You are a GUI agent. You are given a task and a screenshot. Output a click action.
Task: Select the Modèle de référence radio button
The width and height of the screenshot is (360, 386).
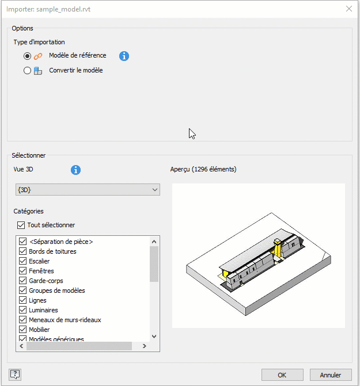(x=27, y=56)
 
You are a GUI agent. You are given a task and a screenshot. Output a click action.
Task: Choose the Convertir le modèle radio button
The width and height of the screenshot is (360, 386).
(x=27, y=71)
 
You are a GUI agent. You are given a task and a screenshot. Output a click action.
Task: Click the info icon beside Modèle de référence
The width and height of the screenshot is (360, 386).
(x=124, y=56)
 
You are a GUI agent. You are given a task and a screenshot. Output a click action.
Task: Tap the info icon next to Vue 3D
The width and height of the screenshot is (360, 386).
(x=75, y=170)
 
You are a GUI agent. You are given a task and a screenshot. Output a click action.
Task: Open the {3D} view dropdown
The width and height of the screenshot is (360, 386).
(x=88, y=190)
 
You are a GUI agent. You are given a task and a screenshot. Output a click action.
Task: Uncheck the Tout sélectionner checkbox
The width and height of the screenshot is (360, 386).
(x=21, y=225)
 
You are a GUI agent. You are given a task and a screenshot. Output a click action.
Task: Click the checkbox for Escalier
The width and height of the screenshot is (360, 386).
(x=22, y=261)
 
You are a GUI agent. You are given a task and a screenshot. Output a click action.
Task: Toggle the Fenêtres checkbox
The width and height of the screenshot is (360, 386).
(x=22, y=271)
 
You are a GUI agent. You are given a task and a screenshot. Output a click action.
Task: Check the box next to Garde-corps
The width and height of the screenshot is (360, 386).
(x=22, y=281)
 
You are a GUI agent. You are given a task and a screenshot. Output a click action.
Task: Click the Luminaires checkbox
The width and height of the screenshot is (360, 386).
(x=22, y=310)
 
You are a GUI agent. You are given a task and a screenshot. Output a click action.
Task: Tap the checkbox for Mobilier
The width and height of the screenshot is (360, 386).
(x=22, y=330)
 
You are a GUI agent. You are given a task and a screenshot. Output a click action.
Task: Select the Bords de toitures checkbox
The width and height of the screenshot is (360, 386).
(x=22, y=251)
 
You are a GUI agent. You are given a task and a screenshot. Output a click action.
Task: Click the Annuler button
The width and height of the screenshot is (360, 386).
(x=331, y=375)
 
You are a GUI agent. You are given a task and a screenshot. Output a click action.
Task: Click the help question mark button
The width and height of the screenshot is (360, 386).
(x=15, y=374)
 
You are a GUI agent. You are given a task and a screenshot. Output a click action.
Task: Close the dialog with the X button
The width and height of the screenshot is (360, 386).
(x=349, y=9)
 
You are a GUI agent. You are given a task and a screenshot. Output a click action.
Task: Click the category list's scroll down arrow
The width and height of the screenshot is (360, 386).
(x=154, y=337)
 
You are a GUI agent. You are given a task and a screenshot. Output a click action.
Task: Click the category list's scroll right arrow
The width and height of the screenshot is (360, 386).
(x=145, y=346)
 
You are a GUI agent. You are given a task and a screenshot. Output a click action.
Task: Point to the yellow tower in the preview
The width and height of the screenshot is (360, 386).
(x=278, y=248)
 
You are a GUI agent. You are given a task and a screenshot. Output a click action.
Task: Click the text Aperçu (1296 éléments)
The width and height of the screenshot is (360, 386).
(x=203, y=169)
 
